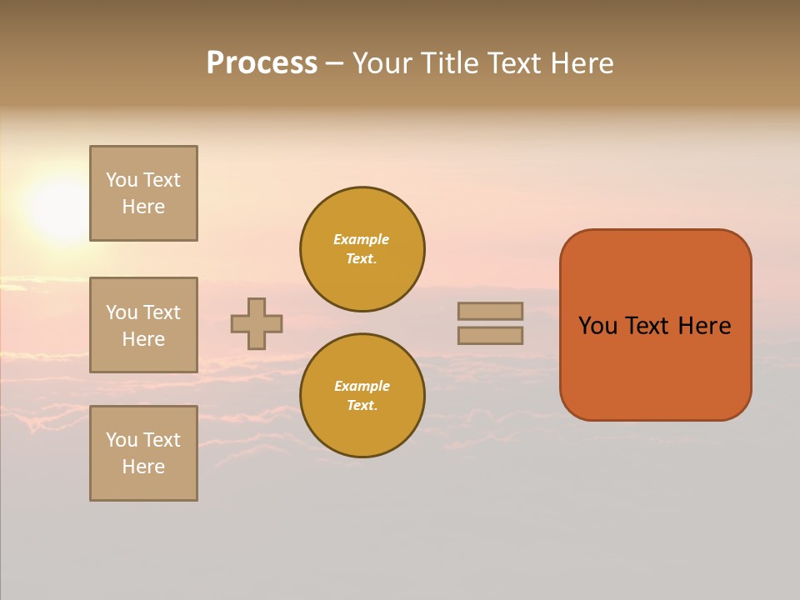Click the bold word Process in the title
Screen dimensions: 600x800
[x=262, y=63]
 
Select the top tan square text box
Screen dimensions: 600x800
[x=143, y=193]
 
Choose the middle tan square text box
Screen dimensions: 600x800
[x=143, y=325]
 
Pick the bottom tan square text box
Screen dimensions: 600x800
[x=143, y=453]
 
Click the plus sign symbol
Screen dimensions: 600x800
[x=257, y=323]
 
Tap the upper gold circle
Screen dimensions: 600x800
[x=362, y=249]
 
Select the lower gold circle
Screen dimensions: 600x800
[x=362, y=396]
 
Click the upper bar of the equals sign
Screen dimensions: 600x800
[x=490, y=311]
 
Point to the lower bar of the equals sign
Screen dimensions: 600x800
[x=490, y=335]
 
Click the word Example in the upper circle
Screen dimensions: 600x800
[x=361, y=239]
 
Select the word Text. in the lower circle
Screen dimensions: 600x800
[x=362, y=406]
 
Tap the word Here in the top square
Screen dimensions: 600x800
[x=143, y=207]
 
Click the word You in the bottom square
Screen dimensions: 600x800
[x=122, y=440]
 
